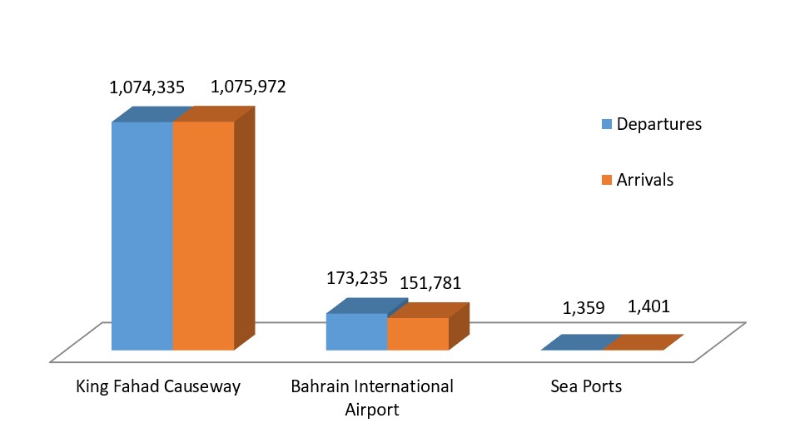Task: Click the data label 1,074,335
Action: tap(147, 86)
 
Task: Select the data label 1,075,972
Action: tap(248, 86)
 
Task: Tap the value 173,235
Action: tap(356, 278)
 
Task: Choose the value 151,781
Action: tap(430, 283)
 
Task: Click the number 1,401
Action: tap(648, 306)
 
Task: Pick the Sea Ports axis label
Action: tap(586, 386)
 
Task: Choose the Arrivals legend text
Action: tap(645, 179)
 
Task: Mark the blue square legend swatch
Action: tap(607, 125)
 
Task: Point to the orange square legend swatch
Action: tap(607, 180)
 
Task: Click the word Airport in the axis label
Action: tap(372, 410)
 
